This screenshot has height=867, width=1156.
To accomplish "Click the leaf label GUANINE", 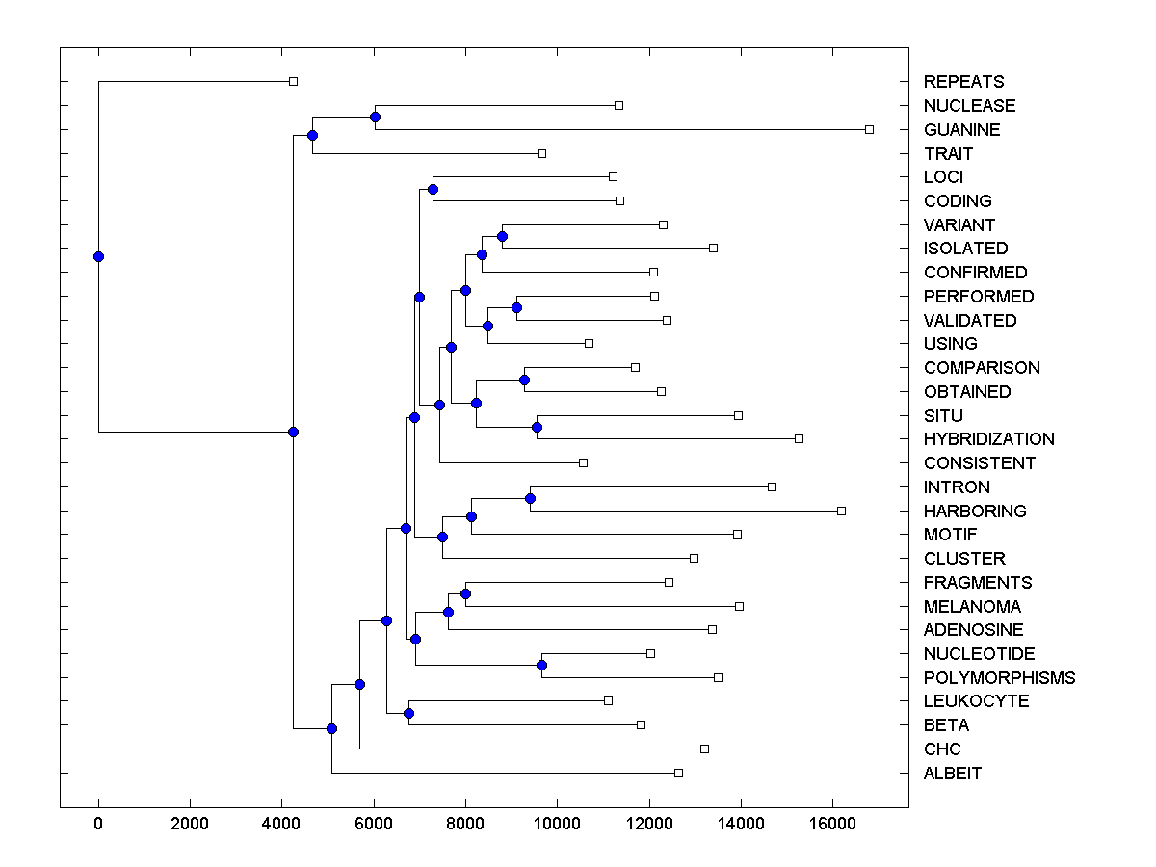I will [961, 129].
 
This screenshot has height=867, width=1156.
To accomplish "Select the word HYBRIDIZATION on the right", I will [988, 439].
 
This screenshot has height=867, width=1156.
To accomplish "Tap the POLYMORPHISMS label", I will [999, 677].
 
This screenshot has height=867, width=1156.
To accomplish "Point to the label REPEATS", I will [963, 82].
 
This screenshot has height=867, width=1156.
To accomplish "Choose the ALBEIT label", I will [953, 773].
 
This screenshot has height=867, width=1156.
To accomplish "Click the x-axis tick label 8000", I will [465, 825].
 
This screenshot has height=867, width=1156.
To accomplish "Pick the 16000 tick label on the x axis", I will [832, 825].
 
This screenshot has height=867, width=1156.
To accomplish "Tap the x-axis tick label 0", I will [98, 825].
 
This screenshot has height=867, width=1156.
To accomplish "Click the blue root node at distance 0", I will [98, 256].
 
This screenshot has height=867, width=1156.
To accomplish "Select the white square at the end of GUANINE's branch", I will [869, 129].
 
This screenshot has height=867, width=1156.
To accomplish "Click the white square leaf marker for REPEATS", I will [294, 82].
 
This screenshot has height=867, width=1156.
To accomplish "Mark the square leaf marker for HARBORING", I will [841, 511].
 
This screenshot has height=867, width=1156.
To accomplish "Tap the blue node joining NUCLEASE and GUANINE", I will [375, 117].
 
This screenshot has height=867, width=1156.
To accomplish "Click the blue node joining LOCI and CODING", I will [433, 189].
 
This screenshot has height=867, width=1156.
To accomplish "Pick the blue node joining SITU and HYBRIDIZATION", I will [538, 427].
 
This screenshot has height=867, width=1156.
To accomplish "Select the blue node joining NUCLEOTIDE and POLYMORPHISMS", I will [541, 666].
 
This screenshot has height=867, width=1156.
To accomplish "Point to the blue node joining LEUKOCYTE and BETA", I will [408, 713].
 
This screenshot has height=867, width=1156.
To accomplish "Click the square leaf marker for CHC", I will [704, 749].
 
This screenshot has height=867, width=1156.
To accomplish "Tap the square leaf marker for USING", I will [589, 343].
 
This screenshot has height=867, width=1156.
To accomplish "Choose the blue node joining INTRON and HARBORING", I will [530, 498].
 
